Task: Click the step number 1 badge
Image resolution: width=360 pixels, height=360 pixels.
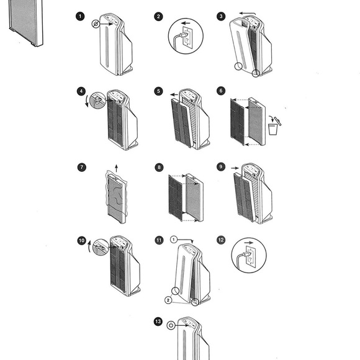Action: (x=80, y=16)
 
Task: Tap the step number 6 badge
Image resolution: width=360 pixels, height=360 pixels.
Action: (x=221, y=91)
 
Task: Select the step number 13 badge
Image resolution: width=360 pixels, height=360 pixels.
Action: (x=158, y=322)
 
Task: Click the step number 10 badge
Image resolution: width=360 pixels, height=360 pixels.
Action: (x=82, y=241)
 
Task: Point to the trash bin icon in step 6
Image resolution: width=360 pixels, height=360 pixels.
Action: (x=273, y=129)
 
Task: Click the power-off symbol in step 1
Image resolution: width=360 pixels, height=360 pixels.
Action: (x=96, y=24)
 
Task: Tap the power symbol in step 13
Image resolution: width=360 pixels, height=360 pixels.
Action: (x=171, y=325)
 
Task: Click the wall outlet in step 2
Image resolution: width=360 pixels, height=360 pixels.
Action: (x=187, y=37)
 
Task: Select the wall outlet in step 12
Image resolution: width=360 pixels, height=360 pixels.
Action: (x=250, y=257)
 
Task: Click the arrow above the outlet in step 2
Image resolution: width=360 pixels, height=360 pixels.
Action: (x=186, y=23)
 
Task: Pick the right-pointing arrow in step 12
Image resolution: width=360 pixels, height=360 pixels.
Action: (x=249, y=243)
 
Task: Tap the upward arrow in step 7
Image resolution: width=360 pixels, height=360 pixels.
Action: (x=117, y=168)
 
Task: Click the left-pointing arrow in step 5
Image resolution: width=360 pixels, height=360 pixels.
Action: (x=174, y=94)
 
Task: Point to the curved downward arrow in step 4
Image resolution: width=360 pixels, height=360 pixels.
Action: (x=86, y=101)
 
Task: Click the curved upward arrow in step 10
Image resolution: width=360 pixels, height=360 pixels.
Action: (x=89, y=246)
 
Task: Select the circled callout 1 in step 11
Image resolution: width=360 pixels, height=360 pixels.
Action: (x=174, y=240)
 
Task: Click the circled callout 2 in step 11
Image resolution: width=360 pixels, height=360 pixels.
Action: (x=168, y=300)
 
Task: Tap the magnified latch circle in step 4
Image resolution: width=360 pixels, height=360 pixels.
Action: (x=97, y=101)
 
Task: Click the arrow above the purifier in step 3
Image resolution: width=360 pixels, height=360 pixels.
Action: (x=247, y=14)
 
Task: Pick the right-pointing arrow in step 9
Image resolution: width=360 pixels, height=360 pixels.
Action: (x=235, y=168)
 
